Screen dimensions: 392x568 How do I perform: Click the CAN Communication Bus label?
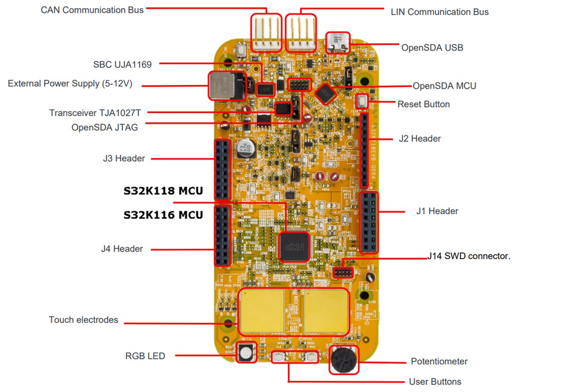92,9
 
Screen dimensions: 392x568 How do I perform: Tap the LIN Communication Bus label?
440,12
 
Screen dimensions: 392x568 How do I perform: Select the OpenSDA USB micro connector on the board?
338,42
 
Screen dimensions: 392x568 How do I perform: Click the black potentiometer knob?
344,360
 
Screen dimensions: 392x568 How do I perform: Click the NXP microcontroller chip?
294,246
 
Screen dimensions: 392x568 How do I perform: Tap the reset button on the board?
362,101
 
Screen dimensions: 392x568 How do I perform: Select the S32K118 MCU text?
163,191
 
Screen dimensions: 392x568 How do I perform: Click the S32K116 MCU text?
163,215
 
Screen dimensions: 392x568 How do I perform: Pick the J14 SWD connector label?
469,256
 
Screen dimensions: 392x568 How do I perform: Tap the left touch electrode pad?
262,310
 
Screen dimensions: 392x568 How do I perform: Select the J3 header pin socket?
222,169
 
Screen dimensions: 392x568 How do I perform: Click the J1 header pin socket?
369,222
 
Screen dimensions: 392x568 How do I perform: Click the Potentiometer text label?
439,361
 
